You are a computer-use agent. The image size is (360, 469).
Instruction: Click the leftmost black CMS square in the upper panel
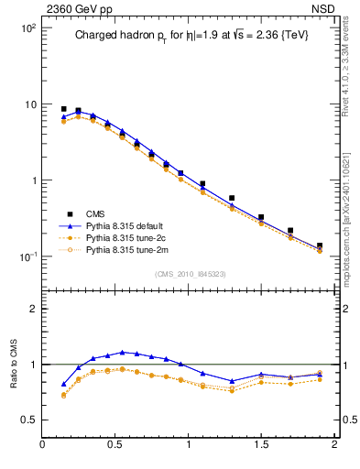coord(63,109)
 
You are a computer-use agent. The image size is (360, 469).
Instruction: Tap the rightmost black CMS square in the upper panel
coord(320,245)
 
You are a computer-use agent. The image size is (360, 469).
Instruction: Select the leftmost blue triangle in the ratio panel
coord(63,384)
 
